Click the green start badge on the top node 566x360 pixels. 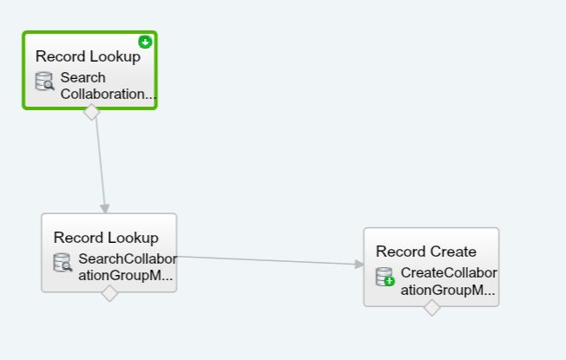tap(145, 42)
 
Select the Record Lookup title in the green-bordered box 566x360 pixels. tap(88, 56)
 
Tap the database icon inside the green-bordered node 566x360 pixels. tap(44, 82)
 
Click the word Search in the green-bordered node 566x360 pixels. tap(83, 78)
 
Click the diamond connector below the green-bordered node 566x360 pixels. tap(91, 111)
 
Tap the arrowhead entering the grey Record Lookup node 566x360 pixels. tap(105, 208)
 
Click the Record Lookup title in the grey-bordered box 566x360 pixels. tap(106, 237)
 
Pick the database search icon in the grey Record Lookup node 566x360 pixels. tap(63, 262)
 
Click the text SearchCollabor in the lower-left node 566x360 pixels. tap(127, 259)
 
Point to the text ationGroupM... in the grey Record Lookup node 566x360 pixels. tap(126, 275)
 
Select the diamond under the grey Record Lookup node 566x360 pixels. tap(109, 293)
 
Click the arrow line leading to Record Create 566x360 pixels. tap(269, 260)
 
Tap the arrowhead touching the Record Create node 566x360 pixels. tap(359, 265)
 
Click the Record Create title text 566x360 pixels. tap(426, 252)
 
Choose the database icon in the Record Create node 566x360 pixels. tap(385, 277)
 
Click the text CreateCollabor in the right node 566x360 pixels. tap(449, 273)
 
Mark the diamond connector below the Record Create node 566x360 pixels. tap(431, 307)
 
